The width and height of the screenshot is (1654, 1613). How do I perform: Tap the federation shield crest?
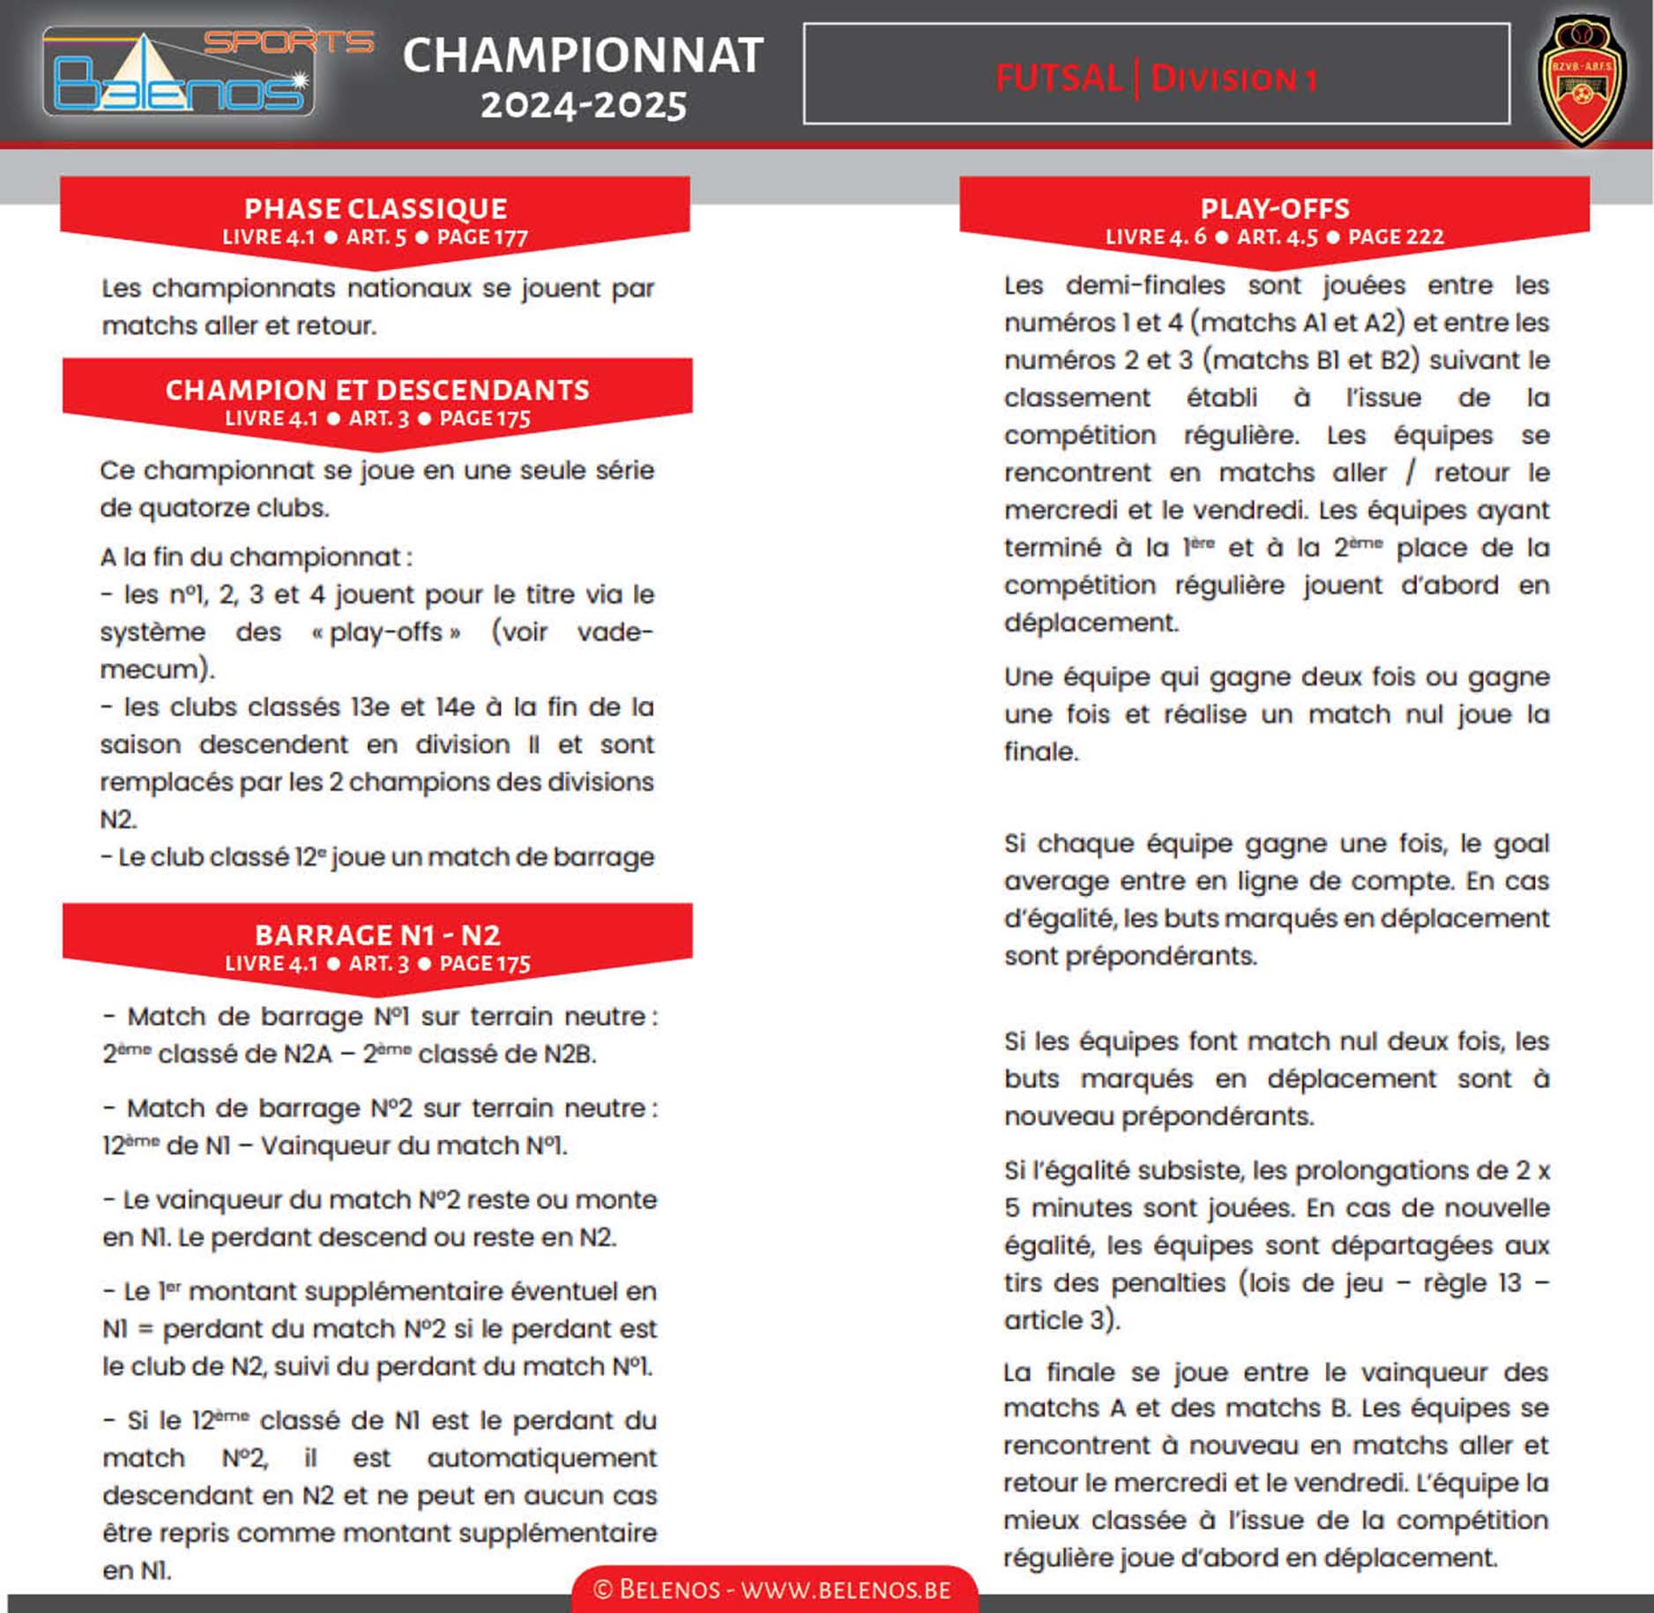tap(1583, 79)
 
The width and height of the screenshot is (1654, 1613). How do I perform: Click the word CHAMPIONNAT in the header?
tap(583, 56)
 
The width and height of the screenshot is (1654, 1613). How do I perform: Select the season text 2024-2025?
tap(583, 106)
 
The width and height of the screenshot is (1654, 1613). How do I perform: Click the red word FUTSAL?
tap(1059, 78)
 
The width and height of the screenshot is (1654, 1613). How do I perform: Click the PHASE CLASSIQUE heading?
tap(376, 208)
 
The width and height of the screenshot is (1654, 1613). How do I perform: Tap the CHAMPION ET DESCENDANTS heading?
tap(377, 390)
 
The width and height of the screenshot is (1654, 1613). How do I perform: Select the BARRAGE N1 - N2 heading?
tap(377, 935)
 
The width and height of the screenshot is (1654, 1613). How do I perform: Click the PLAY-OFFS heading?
tap(1275, 208)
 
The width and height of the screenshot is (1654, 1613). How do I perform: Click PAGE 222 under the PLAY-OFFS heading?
tap(1396, 236)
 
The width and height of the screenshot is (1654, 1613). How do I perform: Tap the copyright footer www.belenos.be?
tap(774, 1589)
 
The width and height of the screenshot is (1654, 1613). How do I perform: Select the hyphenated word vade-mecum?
tap(615, 632)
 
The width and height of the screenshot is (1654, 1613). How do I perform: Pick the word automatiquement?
tap(541, 1458)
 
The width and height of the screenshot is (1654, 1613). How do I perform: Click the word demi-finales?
tap(1145, 285)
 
